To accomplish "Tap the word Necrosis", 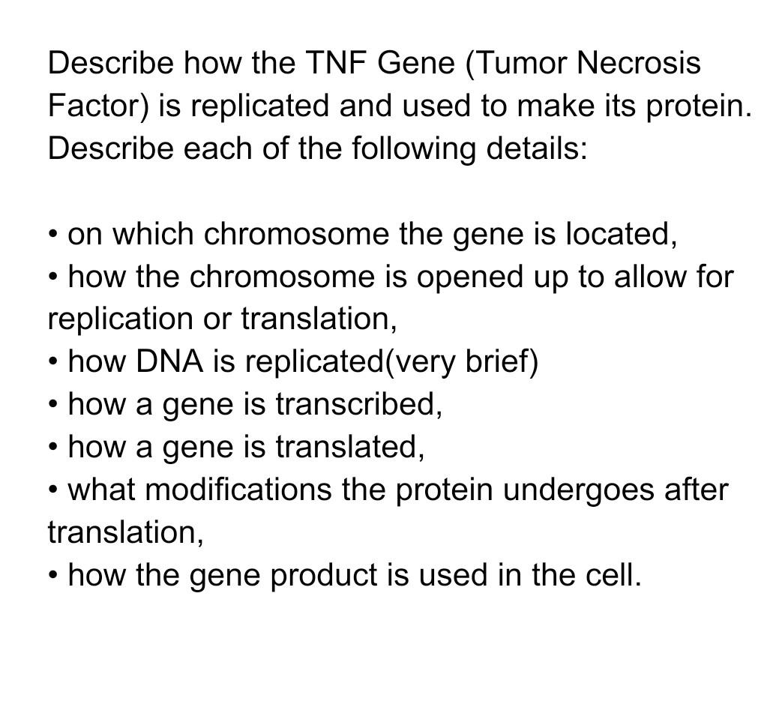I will pos(639,63).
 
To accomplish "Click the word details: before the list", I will pos(537,148).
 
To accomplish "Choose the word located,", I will pos(621,234).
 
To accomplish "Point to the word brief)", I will pos(502,362).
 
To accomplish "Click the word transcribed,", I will pos(358,405).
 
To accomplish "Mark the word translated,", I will pos(349,448).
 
